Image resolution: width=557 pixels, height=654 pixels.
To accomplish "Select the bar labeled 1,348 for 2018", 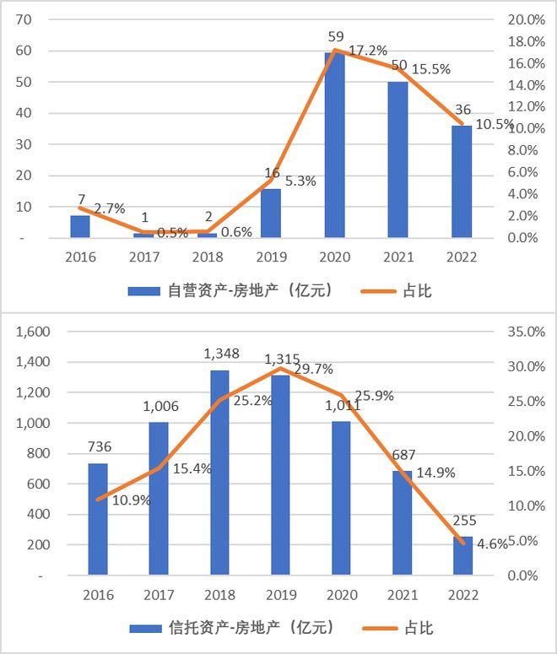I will (x=219, y=473).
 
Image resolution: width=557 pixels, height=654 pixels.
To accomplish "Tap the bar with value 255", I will (x=462, y=556).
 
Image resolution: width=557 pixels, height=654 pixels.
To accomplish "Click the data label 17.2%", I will (x=365, y=51).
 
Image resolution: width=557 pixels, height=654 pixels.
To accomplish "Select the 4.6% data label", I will (x=491, y=544).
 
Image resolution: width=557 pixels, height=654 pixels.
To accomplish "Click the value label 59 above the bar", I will (x=335, y=37).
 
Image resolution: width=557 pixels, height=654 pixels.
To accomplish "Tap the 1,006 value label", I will (x=160, y=408).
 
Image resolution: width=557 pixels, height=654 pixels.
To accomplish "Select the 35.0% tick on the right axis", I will (x=529, y=332).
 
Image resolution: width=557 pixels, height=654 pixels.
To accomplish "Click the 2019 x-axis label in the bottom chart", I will (x=280, y=596).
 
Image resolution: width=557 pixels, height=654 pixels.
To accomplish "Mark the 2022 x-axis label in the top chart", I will (x=462, y=257).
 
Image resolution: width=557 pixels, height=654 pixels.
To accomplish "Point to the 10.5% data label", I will (x=495, y=125).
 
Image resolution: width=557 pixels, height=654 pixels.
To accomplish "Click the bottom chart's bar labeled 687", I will (x=402, y=522).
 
